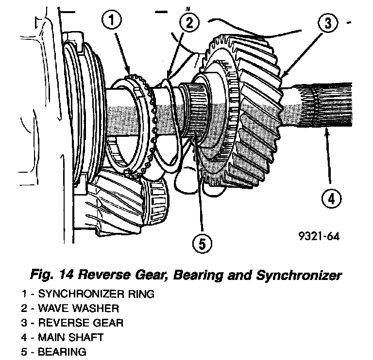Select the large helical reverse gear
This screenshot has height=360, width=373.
pyautogui.click(x=243, y=112)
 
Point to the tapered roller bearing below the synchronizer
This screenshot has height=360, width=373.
pyautogui.click(x=155, y=199)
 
